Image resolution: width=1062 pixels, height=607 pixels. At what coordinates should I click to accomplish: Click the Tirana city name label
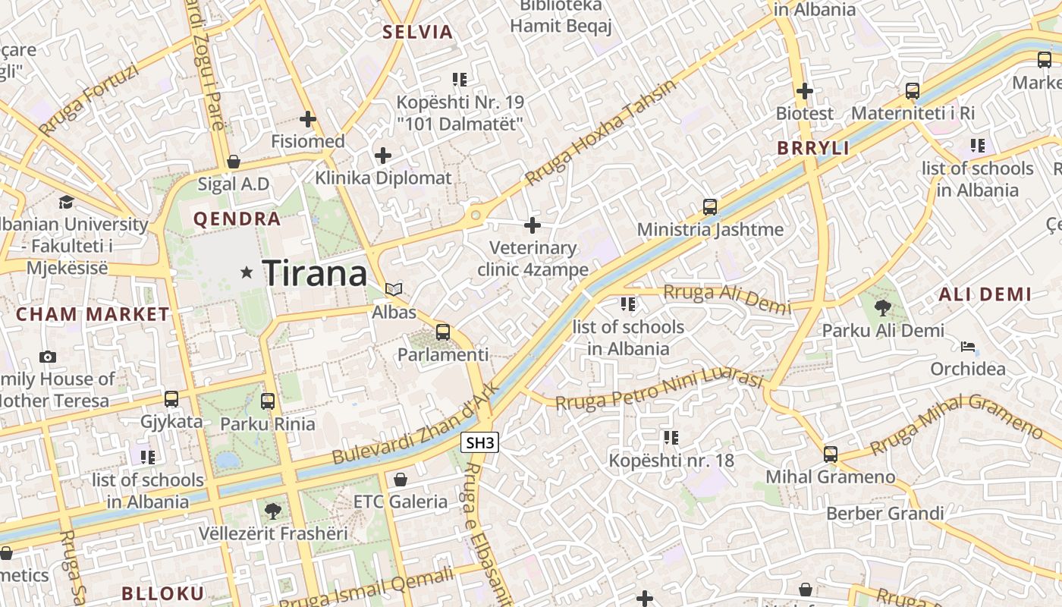(315, 273)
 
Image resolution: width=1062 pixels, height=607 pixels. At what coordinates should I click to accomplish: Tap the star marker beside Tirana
(247, 272)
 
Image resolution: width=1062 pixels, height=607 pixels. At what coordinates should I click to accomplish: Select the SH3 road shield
(480, 442)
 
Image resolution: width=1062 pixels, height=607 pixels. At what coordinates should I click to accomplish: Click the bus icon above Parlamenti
(443, 332)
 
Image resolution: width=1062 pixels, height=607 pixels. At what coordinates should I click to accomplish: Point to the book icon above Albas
(394, 289)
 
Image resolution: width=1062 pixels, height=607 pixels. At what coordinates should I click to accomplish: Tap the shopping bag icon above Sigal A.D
(234, 162)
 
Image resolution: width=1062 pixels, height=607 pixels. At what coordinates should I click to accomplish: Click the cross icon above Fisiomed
(308, 119)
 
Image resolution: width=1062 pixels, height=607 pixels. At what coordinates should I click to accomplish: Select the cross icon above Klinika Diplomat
(383, 156)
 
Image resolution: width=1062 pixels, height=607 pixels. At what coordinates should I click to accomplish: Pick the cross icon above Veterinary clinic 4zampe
(533, 225)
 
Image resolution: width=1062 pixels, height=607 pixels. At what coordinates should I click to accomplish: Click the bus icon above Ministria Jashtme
(710, 206)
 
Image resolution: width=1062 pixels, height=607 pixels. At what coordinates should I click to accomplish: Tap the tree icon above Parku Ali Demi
(882, 307)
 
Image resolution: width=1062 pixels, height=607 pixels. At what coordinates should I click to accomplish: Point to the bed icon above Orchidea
(968, 347)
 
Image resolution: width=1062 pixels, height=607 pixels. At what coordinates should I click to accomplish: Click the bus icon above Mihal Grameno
(831, 454)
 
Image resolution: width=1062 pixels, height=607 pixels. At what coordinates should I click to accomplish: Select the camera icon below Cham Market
(48, 357)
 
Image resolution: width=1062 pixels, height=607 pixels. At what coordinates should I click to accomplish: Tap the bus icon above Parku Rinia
(268, 401)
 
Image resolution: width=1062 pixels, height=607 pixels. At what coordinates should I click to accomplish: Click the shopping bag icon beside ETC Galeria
(400, 480)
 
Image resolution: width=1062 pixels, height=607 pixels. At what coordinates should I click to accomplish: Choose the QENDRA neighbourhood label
(237, 219)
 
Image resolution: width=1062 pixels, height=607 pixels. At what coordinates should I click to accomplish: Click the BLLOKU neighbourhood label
(163, 593)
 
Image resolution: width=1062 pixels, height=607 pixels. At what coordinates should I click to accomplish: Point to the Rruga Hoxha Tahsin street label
(600, 133)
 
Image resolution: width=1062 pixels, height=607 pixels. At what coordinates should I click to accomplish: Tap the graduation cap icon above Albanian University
(67, 202)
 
